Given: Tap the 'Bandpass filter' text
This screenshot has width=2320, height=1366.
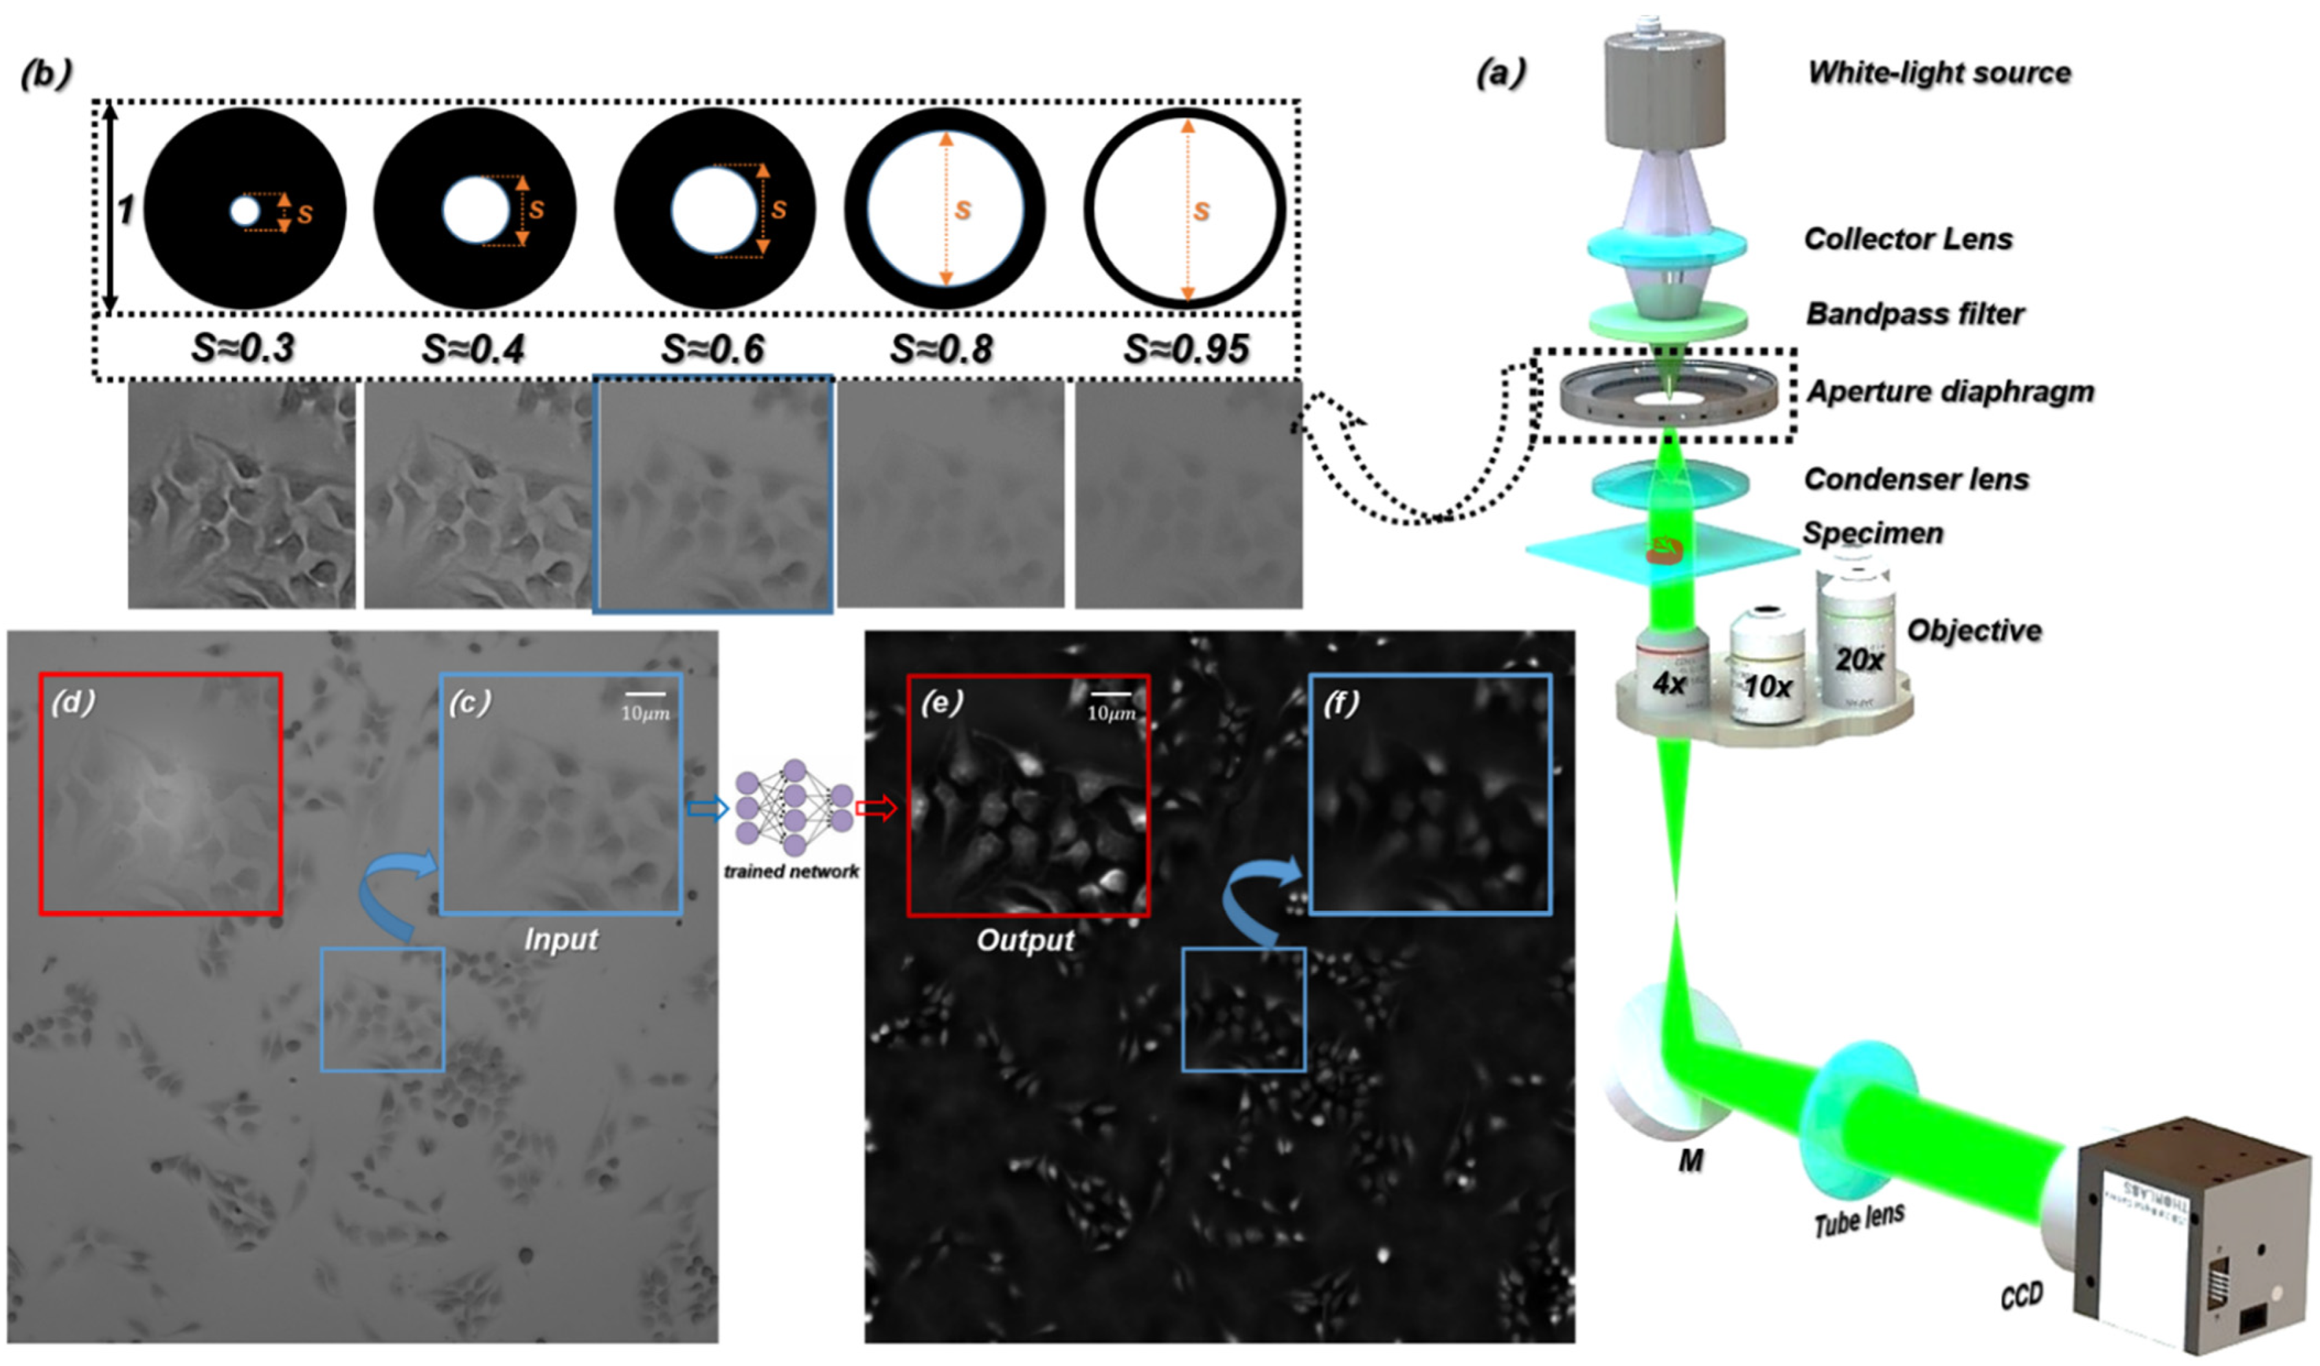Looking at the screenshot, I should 1915,314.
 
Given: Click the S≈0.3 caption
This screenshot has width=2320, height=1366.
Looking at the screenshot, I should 243,348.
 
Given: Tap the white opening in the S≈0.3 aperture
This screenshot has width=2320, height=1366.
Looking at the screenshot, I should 245,212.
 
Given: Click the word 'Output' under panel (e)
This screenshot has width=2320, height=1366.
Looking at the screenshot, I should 1024,940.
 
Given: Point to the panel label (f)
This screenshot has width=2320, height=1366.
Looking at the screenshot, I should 1340,703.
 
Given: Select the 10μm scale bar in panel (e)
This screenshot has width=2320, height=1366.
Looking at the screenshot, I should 1110,694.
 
